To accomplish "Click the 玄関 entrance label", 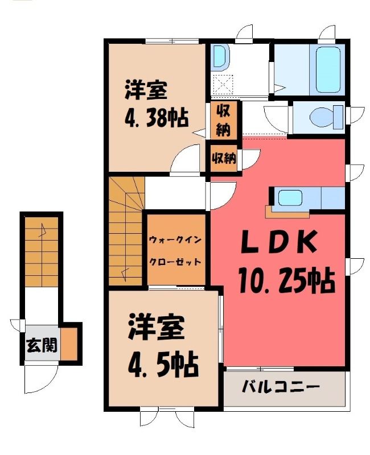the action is (42, 345).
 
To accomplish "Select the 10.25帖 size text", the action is (287, 280).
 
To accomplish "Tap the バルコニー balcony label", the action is (281, 387).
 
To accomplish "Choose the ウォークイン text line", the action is (175, 240).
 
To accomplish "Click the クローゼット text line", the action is (175, 262).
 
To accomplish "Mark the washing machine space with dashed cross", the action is (223, 85).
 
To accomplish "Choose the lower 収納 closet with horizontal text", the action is (224, 159).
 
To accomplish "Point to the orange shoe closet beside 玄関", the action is (69, 344).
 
